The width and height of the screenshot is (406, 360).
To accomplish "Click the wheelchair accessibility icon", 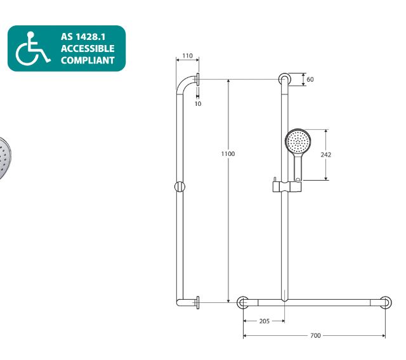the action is click(32, 48).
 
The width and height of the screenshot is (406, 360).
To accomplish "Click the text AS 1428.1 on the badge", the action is click(83, 37).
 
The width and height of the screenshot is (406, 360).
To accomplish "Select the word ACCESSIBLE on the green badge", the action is click(88, 49).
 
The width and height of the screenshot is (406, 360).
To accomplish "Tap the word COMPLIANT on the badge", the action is click(88, 60).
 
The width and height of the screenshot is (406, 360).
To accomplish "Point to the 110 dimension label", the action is click(187, 56).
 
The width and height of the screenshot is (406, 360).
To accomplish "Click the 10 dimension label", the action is click(198, 104).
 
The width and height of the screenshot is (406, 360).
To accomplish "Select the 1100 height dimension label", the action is click(228, 154).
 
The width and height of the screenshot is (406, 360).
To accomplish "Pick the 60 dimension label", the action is click(310, 79).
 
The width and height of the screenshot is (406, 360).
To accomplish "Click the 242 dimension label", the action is click(325, 155).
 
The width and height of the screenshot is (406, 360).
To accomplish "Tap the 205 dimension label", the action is click(265, 321).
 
